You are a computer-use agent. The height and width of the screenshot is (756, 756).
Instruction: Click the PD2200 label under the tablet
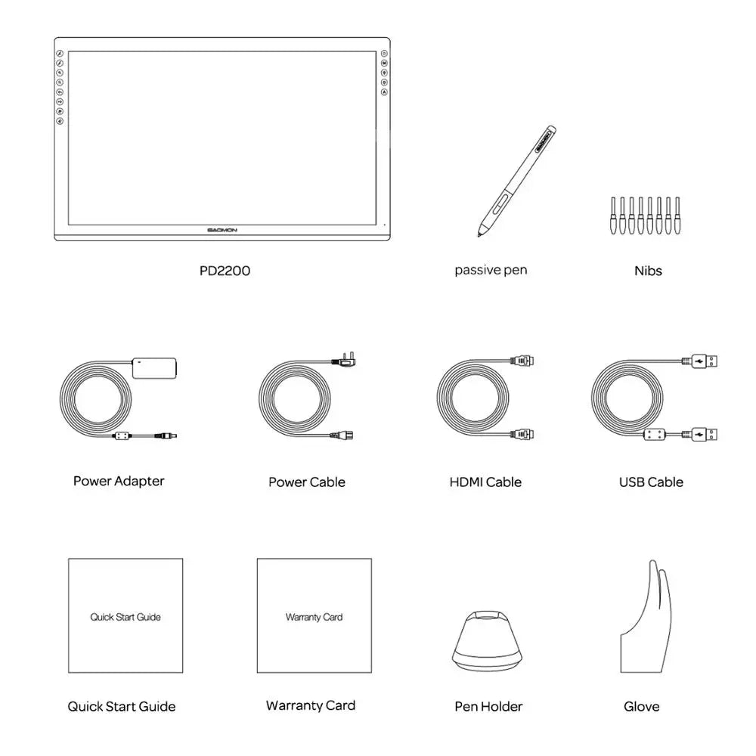pyautogui.click(x=225, y=271)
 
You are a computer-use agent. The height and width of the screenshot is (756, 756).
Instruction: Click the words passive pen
pyautogui.click(x=491, y=270)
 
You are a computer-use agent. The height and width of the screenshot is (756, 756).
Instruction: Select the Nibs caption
pyautogui.click(x=648, y=271)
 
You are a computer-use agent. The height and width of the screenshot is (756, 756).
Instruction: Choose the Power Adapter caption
pyautogui.click(x=119, y=481)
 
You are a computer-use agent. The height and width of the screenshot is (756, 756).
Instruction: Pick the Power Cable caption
pyautogui.click(x=306, y=482)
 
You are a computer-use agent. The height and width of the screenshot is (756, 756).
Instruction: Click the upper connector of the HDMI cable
pyautogui.click(x=523, y=361)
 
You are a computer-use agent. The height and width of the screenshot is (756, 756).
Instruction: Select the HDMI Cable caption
pyautogui.click(x=485, y=482)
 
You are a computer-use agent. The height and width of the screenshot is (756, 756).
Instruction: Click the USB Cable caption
pyautogui.click(x=650, y=482)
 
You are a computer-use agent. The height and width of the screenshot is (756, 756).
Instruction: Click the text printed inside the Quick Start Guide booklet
pyautogui.click(x=125, y=617)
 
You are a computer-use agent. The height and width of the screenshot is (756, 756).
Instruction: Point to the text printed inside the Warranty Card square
pyautogui.click(x=314, y=617)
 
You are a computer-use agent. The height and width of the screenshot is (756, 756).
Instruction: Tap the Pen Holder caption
pyautogui.click(x=488, y=707)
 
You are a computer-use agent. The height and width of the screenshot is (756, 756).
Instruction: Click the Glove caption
pyautogui.click(x=641, y=707)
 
